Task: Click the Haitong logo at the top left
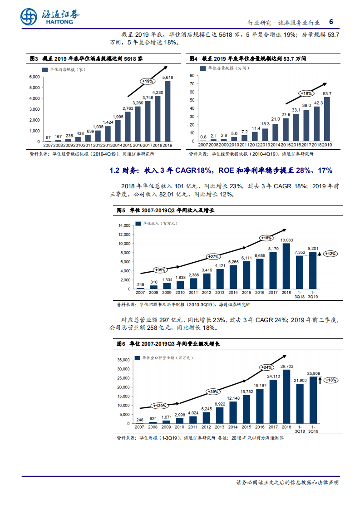[50, 17]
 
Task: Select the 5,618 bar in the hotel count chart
[168, 111]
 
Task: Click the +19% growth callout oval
[147, 81]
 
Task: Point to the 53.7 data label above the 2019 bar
[327, 93]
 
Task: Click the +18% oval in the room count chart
[306, 93]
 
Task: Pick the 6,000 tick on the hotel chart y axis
[35, 77]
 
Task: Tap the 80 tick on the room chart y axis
[192, 75]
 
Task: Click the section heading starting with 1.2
[221, 171]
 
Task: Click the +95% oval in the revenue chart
[160, 270]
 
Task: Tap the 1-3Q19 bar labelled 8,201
[313, 271]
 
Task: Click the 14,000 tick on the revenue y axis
[124, 225]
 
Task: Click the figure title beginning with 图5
[166, 211]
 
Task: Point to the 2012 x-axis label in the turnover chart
[207, 427]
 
